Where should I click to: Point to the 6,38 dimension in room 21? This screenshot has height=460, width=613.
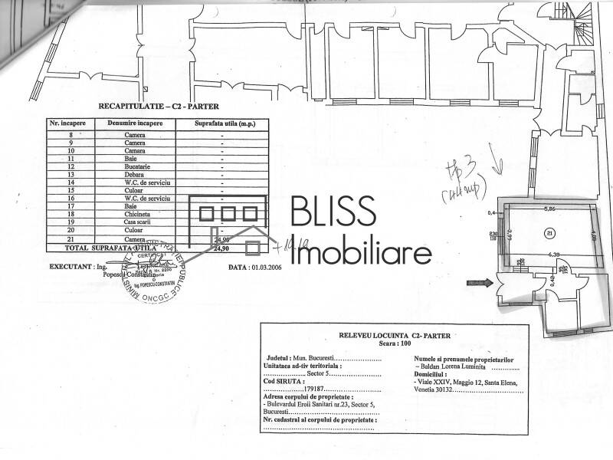[x=549, y=254]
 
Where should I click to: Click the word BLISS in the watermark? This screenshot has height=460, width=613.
[x=333, y=212]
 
